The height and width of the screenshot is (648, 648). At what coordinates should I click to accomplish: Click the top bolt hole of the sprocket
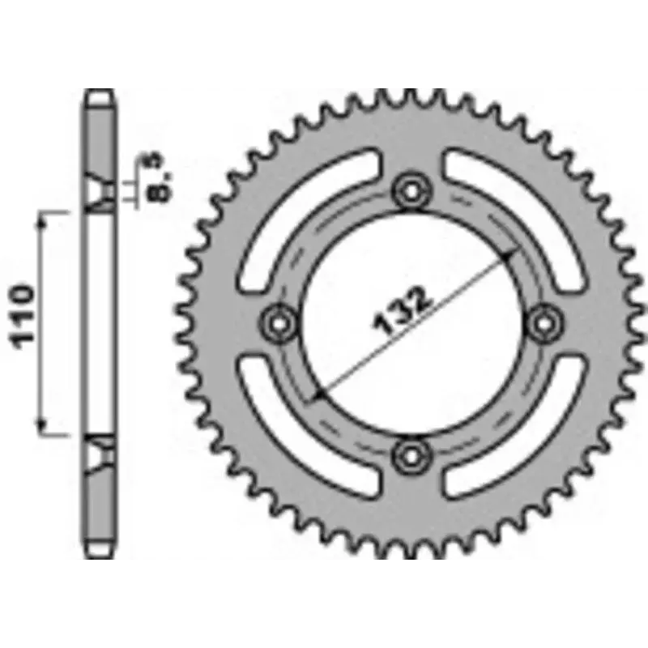click(x=411, y=191)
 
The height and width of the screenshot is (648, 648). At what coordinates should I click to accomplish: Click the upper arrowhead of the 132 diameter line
click(x=509, y=254)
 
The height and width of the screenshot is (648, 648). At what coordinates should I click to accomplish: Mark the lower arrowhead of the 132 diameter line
click(x=318, y=394)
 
